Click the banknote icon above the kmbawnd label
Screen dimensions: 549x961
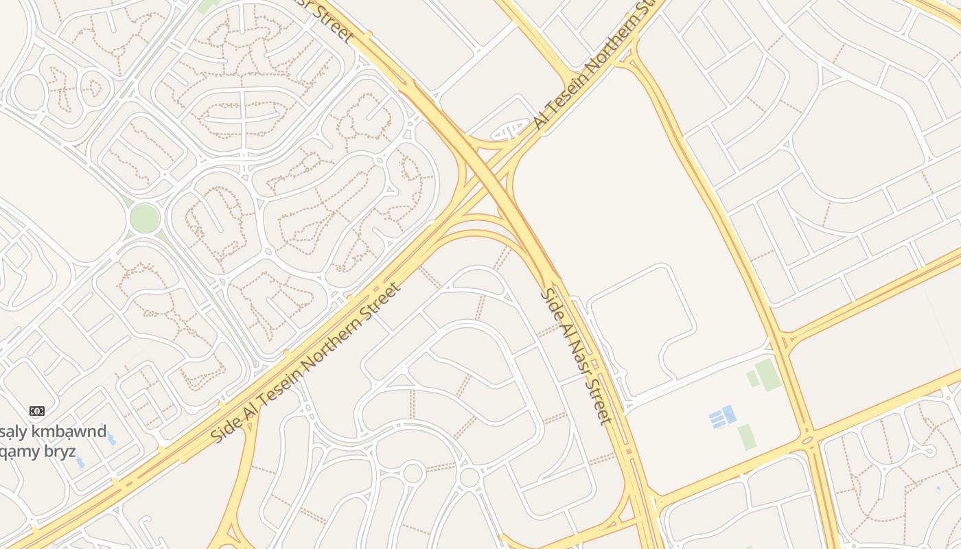[x=37, y=411]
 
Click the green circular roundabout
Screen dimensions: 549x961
[x=145, y=218]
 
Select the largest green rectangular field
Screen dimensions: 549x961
[x=768, y=375]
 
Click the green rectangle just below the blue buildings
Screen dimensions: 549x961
[x=747, y=437]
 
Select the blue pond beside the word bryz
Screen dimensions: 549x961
[x=80, y=462]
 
